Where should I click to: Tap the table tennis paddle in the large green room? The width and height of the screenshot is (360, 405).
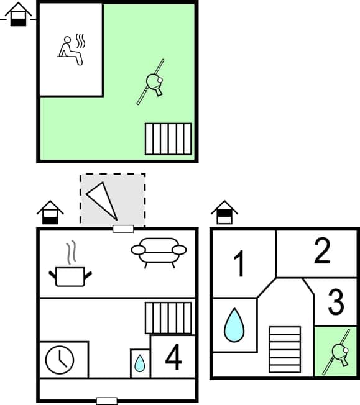click(x=152, y=81)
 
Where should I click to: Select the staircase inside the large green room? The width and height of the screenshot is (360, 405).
click(x=168, y=139)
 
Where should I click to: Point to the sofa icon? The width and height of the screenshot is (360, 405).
click(x=159, y=252)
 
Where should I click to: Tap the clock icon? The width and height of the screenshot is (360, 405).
click(x=60, y=360)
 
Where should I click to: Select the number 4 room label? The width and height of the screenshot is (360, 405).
click(x=173, y=358)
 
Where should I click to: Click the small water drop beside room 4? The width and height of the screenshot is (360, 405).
click(x=140, y=363)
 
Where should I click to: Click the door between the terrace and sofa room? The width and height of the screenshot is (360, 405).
click(x=123, y=229)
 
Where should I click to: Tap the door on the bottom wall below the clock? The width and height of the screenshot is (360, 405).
click(x=107, y=401)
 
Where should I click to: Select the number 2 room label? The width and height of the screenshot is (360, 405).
click(x=321, y=252)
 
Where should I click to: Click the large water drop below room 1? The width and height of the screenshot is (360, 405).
click(x=234, y=325)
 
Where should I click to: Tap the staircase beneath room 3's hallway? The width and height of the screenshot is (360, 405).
click(x=285, y=349)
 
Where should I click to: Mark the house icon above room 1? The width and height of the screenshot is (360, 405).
click(x=224, y=212)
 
